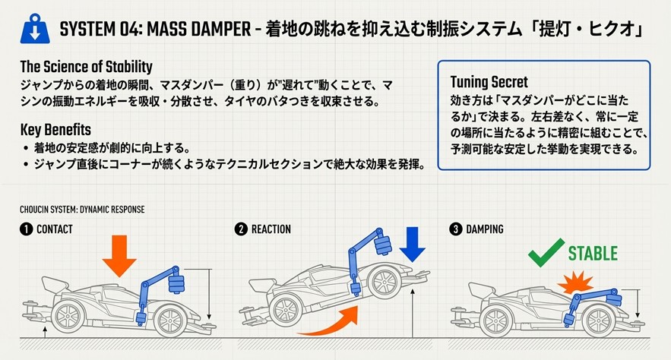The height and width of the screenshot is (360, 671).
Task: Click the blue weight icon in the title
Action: pyautogui.click(x=31, y=30)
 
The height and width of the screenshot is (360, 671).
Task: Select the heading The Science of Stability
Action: pyautogui.click(x=86, y=66)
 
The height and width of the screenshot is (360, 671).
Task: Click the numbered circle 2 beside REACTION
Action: pyautogui.click(x=242, y=229)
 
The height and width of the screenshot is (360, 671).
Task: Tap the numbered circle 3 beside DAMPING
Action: pyautogui.click(x=455, y=229)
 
